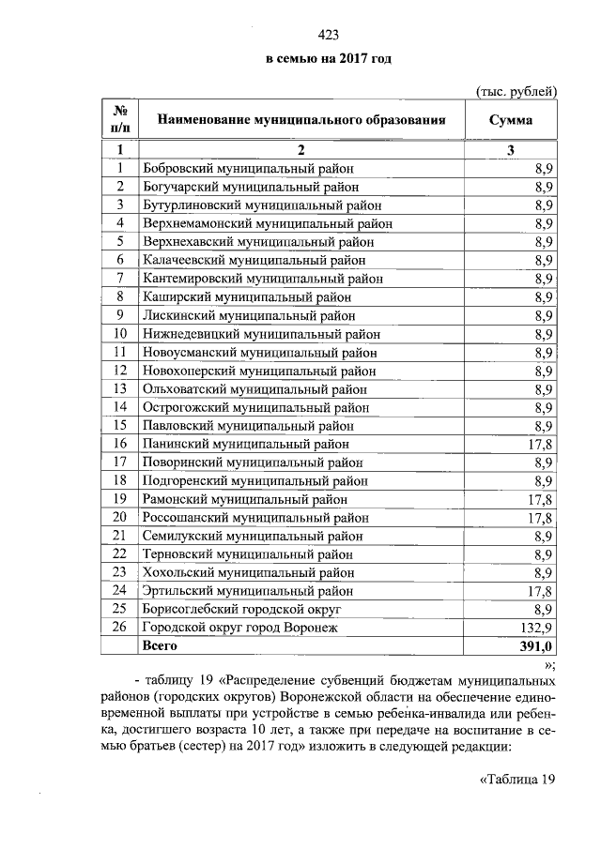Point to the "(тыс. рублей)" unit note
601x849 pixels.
[516, 91]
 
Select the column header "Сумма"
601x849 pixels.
[511, 120]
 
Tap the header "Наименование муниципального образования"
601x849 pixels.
[300, 120]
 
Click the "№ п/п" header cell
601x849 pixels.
[119, 120]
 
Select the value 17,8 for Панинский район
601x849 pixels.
[540, 444]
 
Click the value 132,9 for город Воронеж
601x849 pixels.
[537, 628]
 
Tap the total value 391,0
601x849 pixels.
[537, 646]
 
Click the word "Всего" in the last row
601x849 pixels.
[159, 646]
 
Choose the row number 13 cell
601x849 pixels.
[119, 388]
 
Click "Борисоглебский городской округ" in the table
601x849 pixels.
[242, 609]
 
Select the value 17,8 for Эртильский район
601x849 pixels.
[540, 591]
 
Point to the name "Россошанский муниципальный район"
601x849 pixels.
[254, 517]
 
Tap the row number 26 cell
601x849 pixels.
[119, 628]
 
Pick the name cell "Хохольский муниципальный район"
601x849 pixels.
[248, 572]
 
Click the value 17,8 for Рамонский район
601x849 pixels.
[540, 499]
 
